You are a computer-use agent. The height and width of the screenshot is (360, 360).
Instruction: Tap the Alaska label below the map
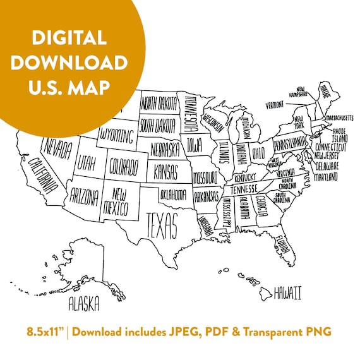coord(84,304)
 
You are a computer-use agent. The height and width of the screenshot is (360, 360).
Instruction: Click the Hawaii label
coord(287,292)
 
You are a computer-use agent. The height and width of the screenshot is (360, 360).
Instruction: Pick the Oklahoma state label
coord(173,194)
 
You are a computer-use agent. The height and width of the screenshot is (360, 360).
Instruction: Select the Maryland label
coord(326,176)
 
